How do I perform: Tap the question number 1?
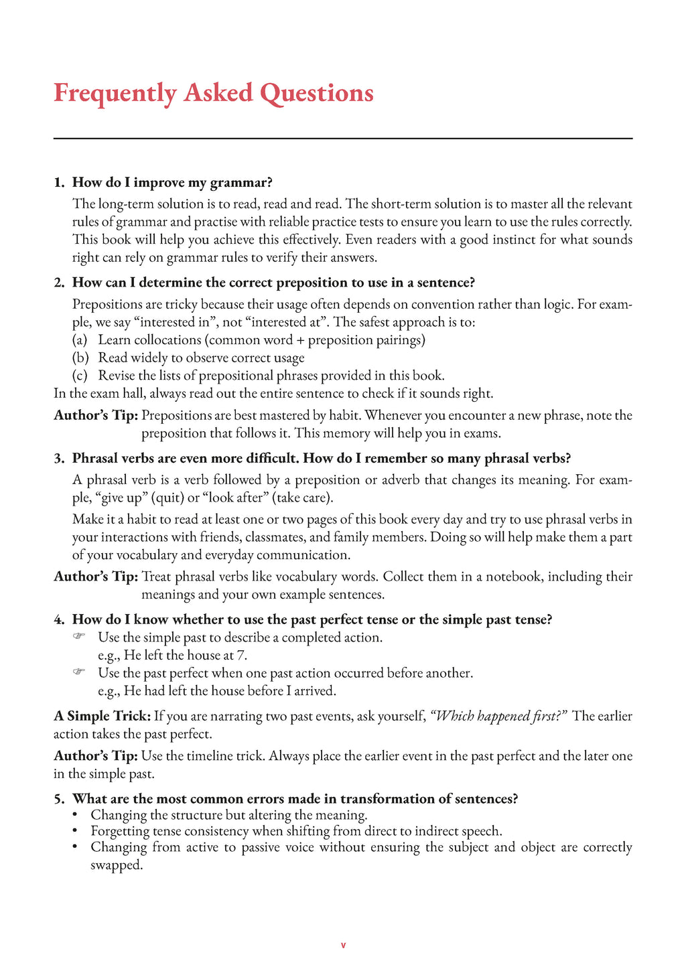pyautogui.click(x=58, y=183)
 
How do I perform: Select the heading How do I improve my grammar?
pyautogui.click(x=172, y=183)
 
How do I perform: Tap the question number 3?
pyautogui.click(x=58, y=459)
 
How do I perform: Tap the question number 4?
pyautogui.click(x=58, y=620)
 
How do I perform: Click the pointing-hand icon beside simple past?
pyautogui.click(x=79, y=637)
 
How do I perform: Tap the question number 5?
pyautogui.click(x=58, y=799)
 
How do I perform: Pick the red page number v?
pyautogui.click(x=343, y=946)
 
